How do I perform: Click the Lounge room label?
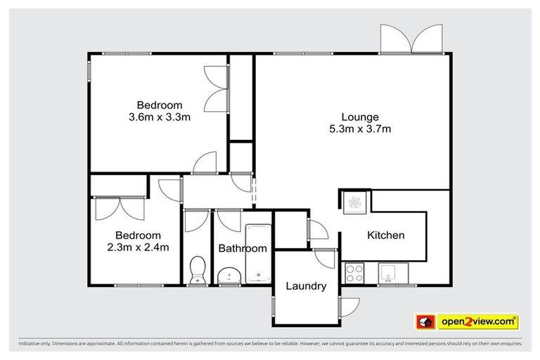(x=360, y=117)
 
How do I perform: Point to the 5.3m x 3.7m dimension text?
(x=360, y=129)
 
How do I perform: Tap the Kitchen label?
(x=386, y=236)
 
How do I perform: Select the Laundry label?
(x=306, y=286)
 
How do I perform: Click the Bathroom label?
(x=243, y=248)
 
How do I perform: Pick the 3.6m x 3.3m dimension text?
(x=160, y=117)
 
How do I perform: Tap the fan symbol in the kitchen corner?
(x=354, y=202)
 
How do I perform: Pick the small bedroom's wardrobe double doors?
(x=118, y=207)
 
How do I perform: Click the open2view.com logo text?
(x=477, y=322)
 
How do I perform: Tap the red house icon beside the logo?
(x=425, y=322)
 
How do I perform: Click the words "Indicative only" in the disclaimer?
(x=35, y=344)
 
